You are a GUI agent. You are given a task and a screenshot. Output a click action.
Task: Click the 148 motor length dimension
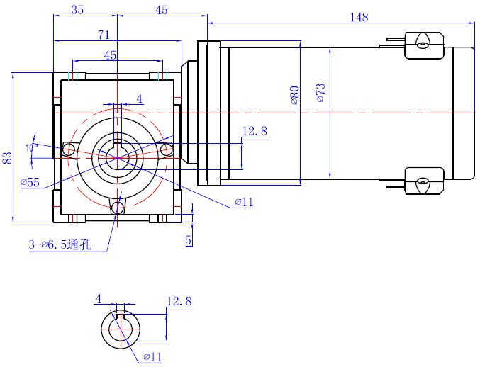pyautogui.click(x=359, y=17)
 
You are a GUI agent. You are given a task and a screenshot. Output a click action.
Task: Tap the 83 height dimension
pyautogui.click(x=7, y=157)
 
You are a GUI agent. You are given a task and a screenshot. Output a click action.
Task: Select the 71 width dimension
pyautogui.click(x=104, y=33)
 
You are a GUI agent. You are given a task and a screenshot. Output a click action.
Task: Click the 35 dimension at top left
pyautogui.click(x=77, y=10)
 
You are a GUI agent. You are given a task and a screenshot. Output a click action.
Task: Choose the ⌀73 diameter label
pyautogui.click(x=320, y=93)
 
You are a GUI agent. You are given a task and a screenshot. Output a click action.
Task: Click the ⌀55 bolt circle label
pyautogui.click(x=30, y=182)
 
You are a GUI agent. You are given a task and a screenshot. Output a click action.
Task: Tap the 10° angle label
pyautogui.click(x=30, y=147)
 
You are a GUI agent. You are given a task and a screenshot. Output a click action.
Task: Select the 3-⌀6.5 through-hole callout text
pyautogui.click(x=60, y=245)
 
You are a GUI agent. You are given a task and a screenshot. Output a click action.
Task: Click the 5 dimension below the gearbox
pyautogui.click(x=189, y=240)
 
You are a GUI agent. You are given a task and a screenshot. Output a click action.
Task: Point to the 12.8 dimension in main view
pyautogui.click(x=255, y=131)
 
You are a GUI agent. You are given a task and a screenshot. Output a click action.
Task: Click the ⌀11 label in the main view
pyautogui.click(x=243, y=203)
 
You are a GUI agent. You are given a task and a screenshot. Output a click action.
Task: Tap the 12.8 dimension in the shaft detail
pyautogui.click(x=179, y=302)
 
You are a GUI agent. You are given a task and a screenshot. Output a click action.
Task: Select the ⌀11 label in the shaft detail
pyautogui.click(x=152, y=357)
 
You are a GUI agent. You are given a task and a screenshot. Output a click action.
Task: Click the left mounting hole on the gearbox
pyautogui.click(x=69, y=149)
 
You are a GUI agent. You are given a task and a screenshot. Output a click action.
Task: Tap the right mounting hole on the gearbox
pyautogui.click(x=168, y=149)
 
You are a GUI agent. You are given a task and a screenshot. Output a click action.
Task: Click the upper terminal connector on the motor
pyautogui.click(x=424, y=44)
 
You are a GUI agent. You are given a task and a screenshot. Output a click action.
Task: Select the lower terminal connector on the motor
pyautogui.click(x=424, y=182)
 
